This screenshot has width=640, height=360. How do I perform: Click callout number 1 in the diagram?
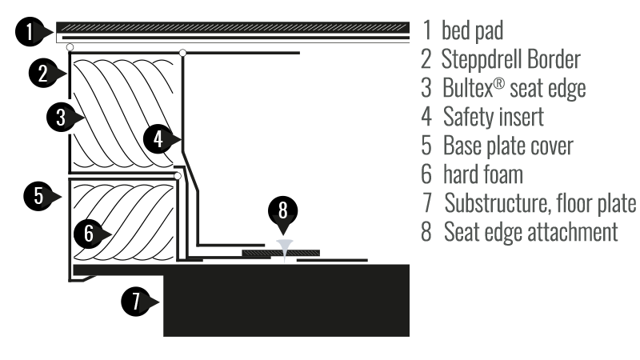30,33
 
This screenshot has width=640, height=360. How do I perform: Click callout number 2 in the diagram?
43,74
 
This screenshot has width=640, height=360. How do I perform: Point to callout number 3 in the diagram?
61,118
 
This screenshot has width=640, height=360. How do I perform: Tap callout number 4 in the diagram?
158,139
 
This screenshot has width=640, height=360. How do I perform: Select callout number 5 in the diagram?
38,195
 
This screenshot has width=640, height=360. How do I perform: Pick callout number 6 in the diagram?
89,234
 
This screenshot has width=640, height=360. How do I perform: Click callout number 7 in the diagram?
136,302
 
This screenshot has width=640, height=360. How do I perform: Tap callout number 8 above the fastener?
283,210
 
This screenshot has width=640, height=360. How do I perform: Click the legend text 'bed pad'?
472,32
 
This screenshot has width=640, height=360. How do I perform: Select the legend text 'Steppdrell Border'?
510,60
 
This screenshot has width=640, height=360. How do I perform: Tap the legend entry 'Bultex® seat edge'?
514,88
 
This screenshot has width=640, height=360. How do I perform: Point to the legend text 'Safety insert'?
493,117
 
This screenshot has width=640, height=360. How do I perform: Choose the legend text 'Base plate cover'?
508,146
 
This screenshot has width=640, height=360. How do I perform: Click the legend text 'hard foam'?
482,174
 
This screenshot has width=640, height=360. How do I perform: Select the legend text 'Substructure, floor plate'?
540,203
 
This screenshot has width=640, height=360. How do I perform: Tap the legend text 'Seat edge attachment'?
530,232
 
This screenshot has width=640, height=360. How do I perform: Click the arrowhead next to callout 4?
175,140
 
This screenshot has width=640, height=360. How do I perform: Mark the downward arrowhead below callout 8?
283,226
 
